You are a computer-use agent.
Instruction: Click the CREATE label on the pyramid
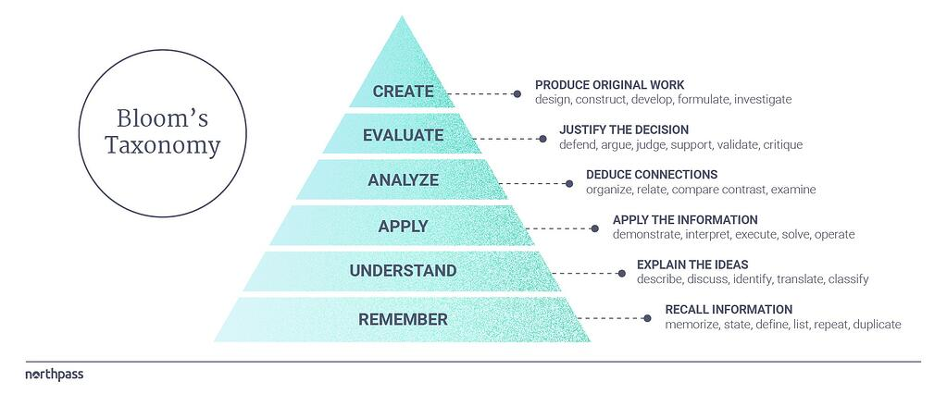403,92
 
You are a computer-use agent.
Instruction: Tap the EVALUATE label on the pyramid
403,135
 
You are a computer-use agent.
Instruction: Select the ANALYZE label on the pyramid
403,179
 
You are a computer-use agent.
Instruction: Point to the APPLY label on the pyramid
403,227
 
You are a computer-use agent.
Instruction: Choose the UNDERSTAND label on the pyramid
403,271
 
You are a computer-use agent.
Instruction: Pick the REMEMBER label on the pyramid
403,319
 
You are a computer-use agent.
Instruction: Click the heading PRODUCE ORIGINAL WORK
609,85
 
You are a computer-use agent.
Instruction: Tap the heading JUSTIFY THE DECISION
624,129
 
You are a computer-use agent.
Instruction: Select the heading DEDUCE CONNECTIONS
652,175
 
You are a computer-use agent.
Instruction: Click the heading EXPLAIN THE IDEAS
692,265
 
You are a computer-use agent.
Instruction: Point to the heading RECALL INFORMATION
729,310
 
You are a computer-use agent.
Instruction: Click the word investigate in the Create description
763,100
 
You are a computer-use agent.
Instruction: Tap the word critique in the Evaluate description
783,145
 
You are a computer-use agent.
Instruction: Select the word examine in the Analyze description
794,190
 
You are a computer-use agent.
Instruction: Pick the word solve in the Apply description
795,234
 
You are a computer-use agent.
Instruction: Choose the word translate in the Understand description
800,279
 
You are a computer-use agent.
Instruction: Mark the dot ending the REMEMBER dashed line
647,318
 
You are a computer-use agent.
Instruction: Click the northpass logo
55,375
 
